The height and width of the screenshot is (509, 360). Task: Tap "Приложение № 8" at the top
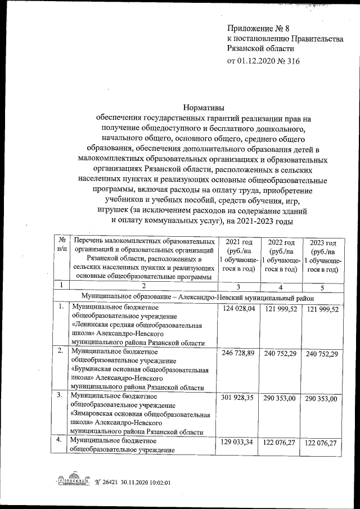coord(258,27)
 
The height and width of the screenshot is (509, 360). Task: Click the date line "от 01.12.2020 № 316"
coord(264,61)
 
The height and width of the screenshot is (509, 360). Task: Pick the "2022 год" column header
coord(280,242)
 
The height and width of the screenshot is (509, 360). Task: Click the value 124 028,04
coord(239,309)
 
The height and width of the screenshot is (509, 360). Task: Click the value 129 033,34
coord(239,443)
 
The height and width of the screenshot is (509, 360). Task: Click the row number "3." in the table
coord(60,395)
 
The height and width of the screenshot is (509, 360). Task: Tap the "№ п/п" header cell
coord(61,244)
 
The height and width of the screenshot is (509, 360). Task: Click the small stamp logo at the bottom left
coord(73,482)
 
